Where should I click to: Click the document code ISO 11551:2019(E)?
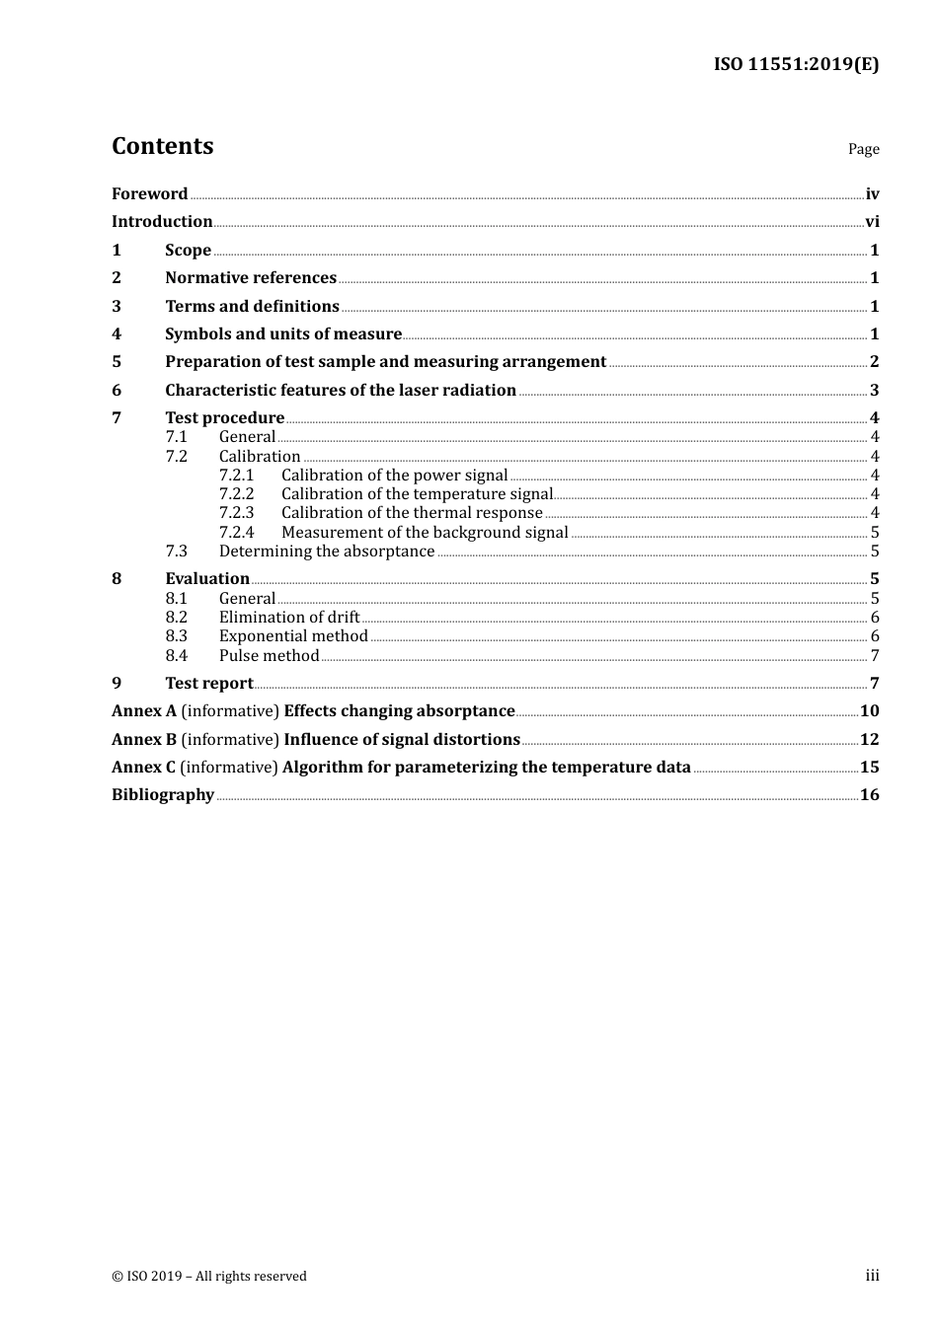(x=796, y=65)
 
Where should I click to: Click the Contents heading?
(x=162, y=146)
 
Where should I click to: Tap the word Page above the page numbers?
(x=863, y=149)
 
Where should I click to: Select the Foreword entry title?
(x=149, y=193)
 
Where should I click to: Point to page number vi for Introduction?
(x=872, y=222)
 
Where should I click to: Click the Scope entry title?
(x=188, y=250)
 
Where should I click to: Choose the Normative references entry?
(x=251, y=278)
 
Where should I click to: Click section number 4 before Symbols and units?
(x=117, y=334)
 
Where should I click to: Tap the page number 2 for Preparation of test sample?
(x=875, y=362)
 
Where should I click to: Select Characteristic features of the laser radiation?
(x=341, y=391)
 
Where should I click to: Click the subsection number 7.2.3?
(x=236, y=513)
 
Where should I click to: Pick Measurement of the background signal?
(x=425, y=533)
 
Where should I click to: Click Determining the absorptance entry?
(x=327, y=552)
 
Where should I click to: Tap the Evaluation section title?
(x=207, y=579)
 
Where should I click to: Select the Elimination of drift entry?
(x=289, y=618)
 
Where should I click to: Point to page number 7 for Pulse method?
(x=875, y=656)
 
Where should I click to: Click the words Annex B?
(x=144, y=740)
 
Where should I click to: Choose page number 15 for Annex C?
(x=869, y=768)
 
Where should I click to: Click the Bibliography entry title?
(x=163, y=795)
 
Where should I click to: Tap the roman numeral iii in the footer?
(x=872, y=1276)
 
